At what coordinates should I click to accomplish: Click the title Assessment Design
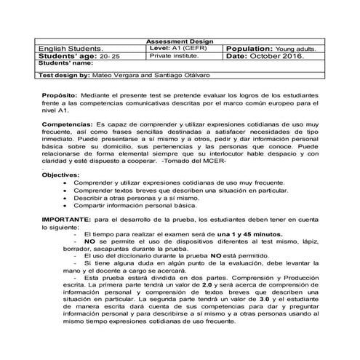pyautogui.click(x=180, y=41)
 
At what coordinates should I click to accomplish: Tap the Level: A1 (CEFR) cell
pyautogui.click(x=178, y=48)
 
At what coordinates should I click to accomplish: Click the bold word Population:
pyautogui.click(x=257, y=48)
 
